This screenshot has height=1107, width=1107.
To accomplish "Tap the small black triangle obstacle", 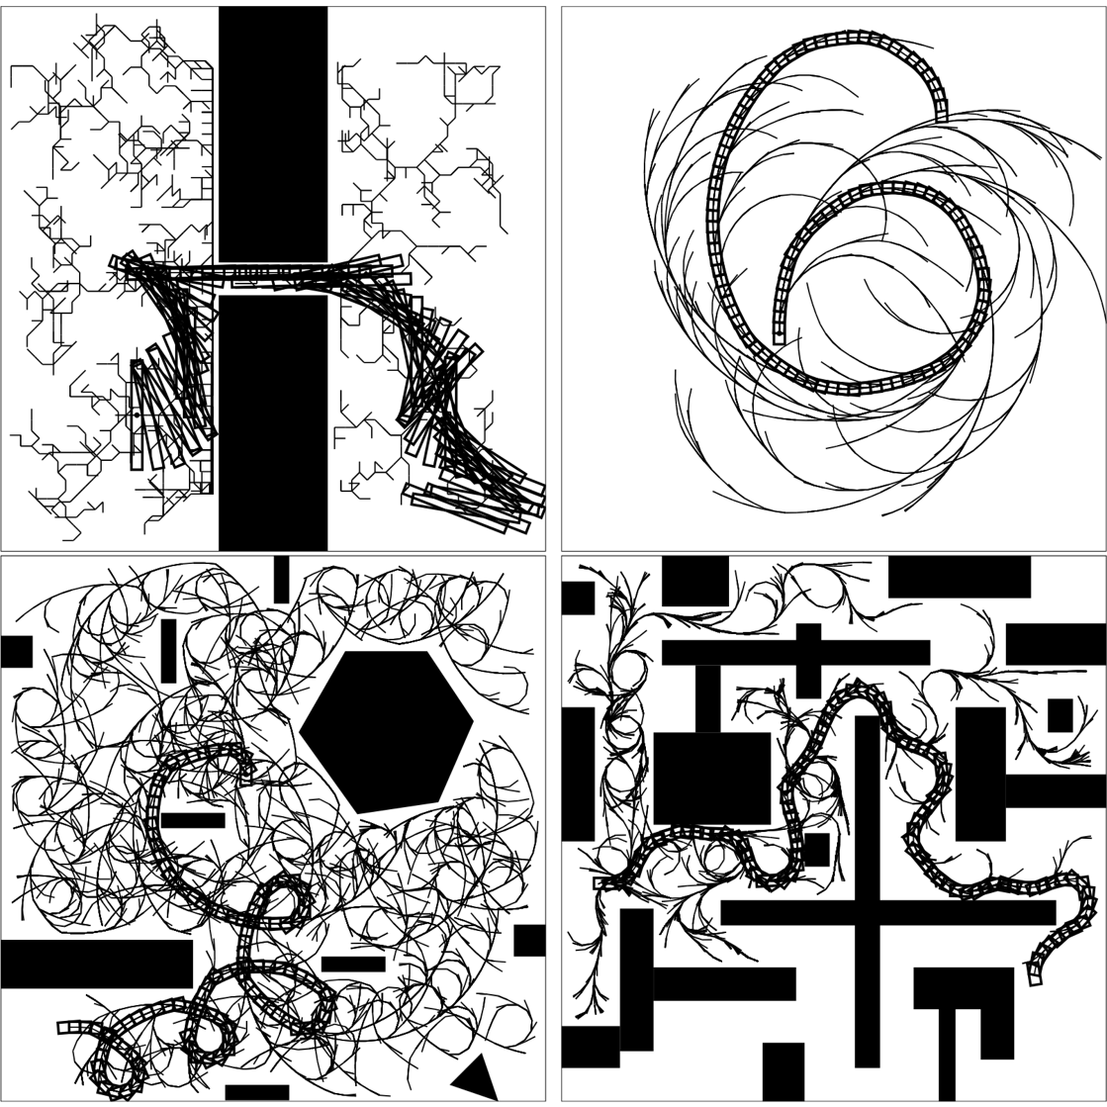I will [477, 1079].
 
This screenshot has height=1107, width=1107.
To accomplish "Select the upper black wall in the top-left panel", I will [272, 134].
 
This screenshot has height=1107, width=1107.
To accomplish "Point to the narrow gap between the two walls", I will [272, 278].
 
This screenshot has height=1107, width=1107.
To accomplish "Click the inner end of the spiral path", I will [780, 336].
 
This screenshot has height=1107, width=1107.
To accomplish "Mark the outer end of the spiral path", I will [941, 114].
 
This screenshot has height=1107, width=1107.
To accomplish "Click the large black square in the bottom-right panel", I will [711, 778].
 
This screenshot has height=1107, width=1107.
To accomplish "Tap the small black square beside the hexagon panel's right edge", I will [529, 940].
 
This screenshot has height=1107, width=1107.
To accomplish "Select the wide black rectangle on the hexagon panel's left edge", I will [96, 964].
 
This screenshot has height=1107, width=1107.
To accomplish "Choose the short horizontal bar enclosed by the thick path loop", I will [193, 820].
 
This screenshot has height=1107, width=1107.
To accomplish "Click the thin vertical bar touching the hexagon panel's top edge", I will [281, 579].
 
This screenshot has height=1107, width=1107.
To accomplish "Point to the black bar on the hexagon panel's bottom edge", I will [256, 1092].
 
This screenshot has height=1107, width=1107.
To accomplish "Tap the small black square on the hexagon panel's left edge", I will [17, 652].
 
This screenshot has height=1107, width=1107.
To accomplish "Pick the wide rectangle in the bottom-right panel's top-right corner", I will [959, 577].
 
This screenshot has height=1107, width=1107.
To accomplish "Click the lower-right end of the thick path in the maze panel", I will [1035, 978].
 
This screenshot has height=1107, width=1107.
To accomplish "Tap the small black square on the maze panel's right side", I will [1060, 715].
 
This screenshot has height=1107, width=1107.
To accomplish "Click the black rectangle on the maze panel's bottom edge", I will [783, 1070].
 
